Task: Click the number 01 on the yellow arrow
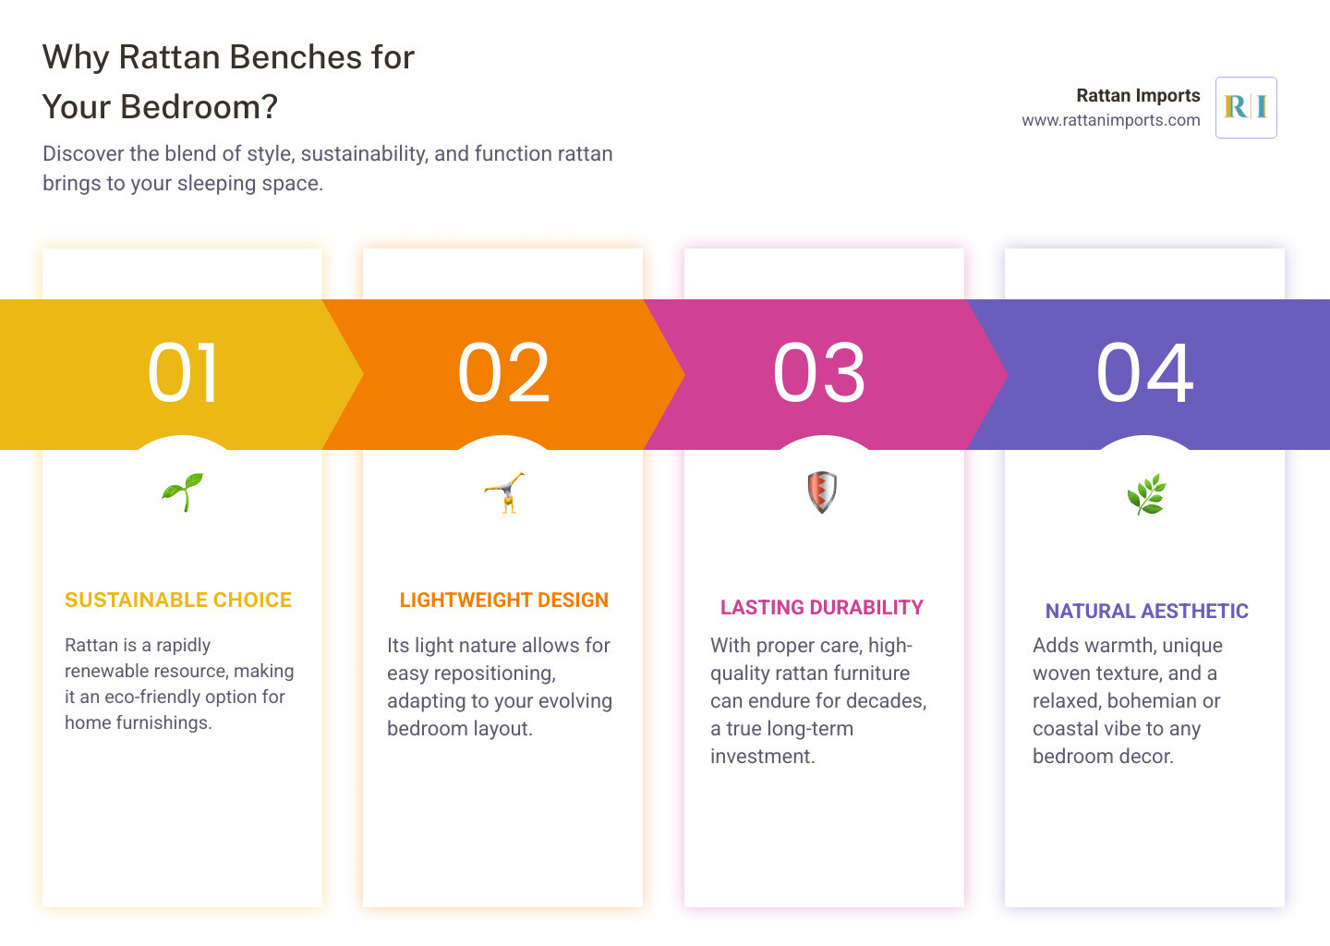[184, 373]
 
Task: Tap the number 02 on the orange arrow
[503, 373]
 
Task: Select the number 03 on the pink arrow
[819, 373]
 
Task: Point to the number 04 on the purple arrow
[1144, 373]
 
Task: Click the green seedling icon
[183, 491]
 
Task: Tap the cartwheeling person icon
[504, 492]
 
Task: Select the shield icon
[822, 491]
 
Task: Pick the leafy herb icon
[1146, 494]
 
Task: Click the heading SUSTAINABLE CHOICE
[178, 600]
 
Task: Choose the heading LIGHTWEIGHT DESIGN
[504, 600]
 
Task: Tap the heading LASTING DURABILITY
[822, 608]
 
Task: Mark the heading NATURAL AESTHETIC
[1147, 612]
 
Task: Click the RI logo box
[1246, 107]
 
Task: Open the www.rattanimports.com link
[1111, 120]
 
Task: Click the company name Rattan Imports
[1138, 95]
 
